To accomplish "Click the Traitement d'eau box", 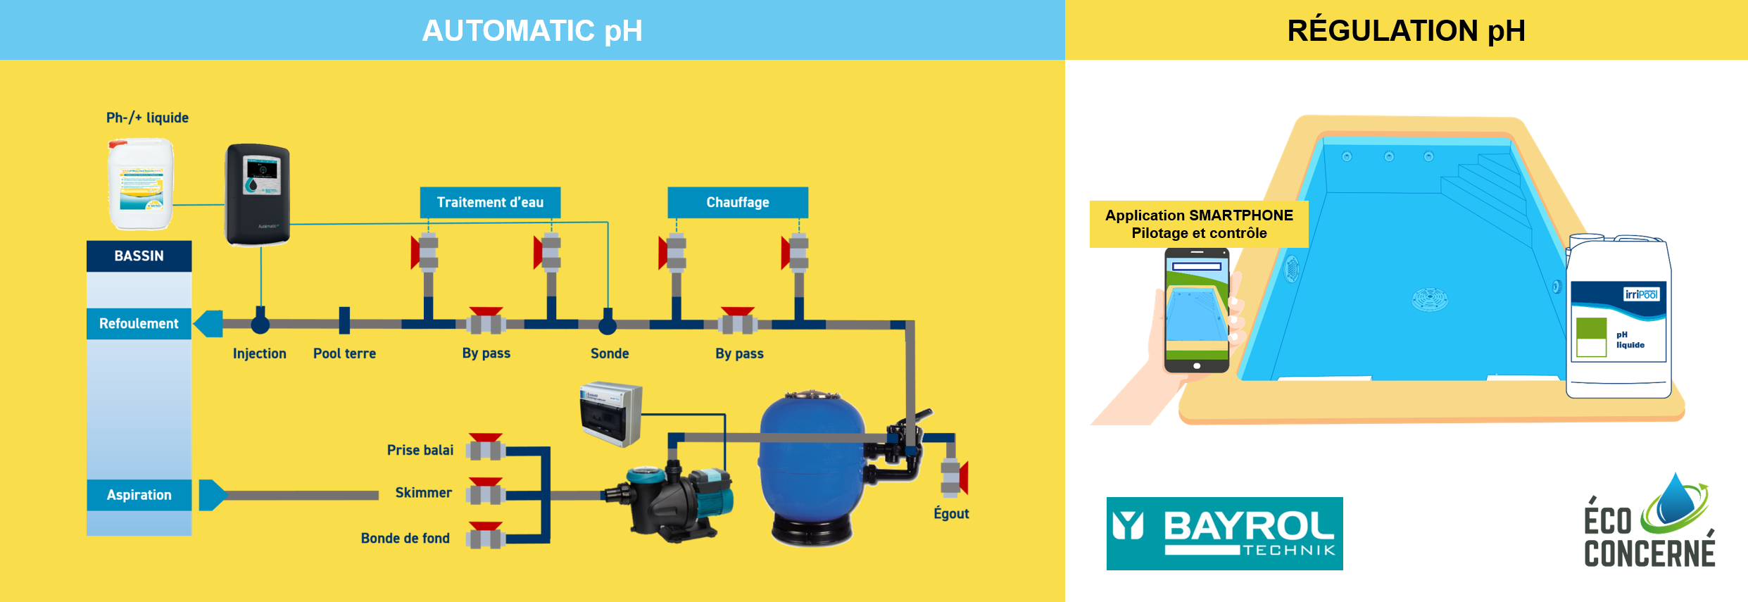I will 490,202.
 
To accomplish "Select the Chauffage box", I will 737,202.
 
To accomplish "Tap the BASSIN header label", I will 139,256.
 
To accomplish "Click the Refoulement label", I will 139,323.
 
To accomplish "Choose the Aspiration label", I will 139,495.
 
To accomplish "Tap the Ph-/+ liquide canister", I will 141,184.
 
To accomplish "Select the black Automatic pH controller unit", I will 258,194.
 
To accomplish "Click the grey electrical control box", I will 610,414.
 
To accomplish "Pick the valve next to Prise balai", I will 486,448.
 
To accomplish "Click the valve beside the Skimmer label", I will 486,492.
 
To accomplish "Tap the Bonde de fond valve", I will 486,537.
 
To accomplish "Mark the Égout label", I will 951,513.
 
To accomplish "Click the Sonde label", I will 610,353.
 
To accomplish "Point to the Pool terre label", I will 344,353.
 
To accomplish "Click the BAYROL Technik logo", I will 1224,534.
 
